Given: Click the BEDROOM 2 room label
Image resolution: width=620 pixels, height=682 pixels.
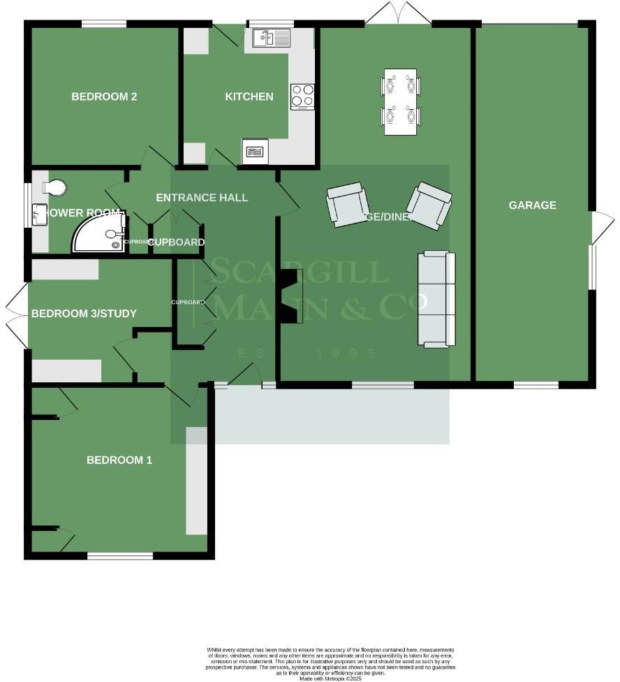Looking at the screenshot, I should (104, 96).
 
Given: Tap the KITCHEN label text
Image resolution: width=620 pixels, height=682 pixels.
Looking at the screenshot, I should (249, 96).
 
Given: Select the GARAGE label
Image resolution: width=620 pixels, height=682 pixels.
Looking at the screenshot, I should (532, 205).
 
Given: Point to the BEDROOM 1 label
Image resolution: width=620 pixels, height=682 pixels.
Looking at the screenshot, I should (119, 460).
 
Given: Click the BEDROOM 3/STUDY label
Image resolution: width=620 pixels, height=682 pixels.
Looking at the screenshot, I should (83, 313).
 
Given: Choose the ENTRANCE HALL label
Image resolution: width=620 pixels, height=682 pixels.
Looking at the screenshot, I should (202, 198).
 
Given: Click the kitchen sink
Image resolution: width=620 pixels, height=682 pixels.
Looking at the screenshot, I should (272, 37).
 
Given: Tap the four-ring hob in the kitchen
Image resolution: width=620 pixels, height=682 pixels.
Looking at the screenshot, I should (302, 96).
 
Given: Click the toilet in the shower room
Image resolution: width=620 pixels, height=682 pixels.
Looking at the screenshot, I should (54, 187).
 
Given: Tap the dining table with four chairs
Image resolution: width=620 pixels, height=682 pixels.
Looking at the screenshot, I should (401, 101).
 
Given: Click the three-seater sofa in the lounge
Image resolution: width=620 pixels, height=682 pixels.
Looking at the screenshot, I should (436, 299).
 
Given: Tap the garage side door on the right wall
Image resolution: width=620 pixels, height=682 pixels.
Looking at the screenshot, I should (602, 226).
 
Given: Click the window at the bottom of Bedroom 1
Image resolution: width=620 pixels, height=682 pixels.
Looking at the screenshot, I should (120, 556).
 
